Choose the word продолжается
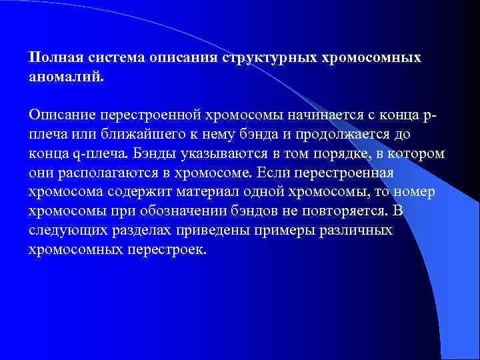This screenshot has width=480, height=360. (340, 135)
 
